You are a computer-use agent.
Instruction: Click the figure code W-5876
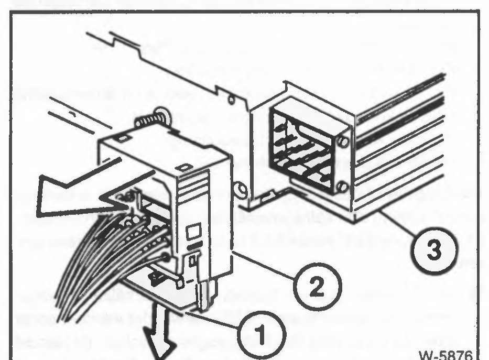click(446, 355)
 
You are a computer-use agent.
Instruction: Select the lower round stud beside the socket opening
click(342, 187)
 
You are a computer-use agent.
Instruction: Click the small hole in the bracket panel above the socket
click(231, 100)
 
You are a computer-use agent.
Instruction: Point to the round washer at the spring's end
click(163, 115)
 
